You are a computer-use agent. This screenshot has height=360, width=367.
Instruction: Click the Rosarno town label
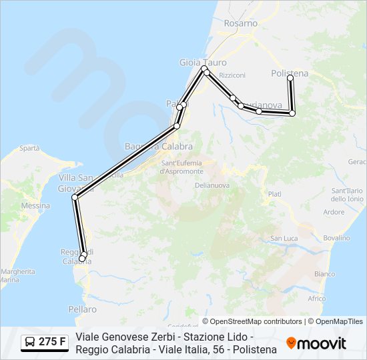(241, 23)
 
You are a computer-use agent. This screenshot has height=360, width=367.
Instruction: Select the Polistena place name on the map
(290, 73)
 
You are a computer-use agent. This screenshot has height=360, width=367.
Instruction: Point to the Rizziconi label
(232, 75)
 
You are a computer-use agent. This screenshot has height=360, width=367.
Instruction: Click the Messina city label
(35, 206)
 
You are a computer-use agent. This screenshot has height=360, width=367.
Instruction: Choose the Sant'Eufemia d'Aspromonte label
(181, 167)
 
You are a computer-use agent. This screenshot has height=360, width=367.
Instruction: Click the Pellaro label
(82, 309)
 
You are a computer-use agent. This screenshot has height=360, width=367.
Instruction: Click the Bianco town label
(324, 274)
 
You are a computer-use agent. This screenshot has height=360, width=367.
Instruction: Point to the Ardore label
(334, 213)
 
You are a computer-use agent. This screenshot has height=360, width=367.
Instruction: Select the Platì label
(274, 193)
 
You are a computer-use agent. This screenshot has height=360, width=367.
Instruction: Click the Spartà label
(29, 148)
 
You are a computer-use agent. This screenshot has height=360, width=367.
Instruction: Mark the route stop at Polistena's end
(290, 78)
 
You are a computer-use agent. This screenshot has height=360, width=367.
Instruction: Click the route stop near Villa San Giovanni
(75, 197)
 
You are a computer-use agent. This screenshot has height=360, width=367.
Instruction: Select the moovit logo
(316, 343)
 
